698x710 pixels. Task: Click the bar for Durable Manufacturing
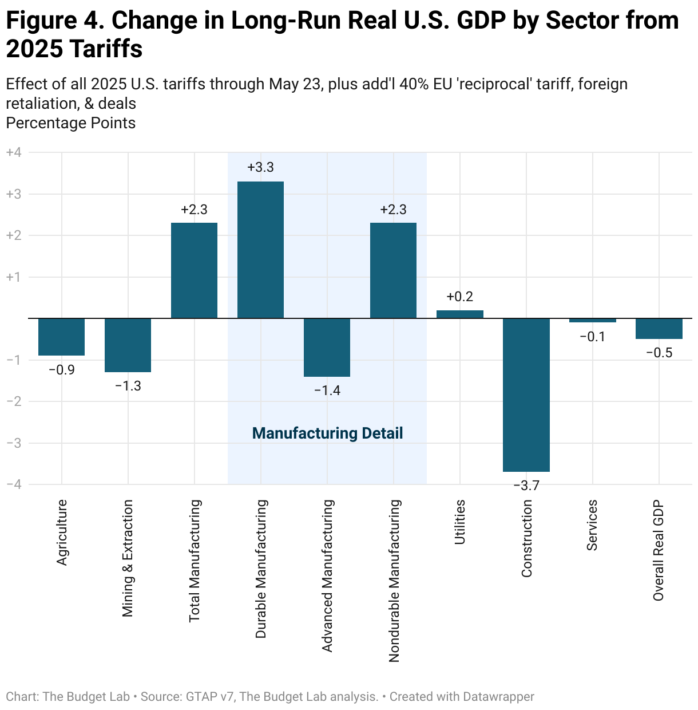260,250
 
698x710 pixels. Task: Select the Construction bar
526,395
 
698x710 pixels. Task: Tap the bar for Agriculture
61,337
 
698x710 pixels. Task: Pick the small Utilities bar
459,314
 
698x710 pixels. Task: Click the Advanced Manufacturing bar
327,347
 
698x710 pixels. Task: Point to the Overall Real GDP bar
659,329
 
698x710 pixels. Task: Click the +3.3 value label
260,168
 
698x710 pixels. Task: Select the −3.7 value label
526,486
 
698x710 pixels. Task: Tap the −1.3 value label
128,386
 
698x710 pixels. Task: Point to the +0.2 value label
459,297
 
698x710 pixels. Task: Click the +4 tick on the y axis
14,153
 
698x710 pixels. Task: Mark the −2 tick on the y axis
14,401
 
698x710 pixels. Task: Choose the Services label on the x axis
592,524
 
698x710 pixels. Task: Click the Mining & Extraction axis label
128,558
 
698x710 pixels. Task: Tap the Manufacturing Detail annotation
327,433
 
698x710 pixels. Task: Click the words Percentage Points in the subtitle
70,123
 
